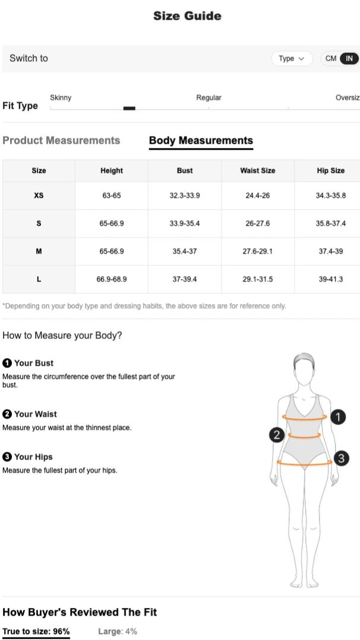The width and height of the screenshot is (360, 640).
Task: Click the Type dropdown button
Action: pos(292,58)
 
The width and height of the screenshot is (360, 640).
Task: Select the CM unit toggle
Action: pos(330,58)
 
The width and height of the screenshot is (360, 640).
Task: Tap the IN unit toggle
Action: pos(349,58)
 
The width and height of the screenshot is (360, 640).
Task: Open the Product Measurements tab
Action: pos(61,140)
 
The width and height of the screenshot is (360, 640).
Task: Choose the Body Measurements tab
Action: pos(201,140)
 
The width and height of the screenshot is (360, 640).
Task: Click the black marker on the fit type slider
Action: pos(129,108)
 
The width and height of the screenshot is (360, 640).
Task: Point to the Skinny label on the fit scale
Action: pos(61,97)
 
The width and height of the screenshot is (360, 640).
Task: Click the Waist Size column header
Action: pos(258,170)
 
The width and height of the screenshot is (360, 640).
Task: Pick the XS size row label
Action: pos(39,195)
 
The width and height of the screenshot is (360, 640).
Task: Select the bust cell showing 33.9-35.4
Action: pos(185,223)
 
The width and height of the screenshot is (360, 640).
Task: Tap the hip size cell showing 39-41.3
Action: pos(330,279)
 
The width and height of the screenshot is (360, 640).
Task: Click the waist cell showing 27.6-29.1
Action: pos(258,251)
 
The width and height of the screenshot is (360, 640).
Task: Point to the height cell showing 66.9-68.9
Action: pos(112,279)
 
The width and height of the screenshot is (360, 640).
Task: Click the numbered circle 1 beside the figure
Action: pos(338,417)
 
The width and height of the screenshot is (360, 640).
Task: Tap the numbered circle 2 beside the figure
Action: pos(277,435)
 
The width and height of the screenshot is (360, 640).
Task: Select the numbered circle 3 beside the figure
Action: pos(341,458)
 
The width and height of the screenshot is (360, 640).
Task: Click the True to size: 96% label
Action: pos(36,632)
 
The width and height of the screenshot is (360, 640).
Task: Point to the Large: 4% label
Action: pos(118,632)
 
